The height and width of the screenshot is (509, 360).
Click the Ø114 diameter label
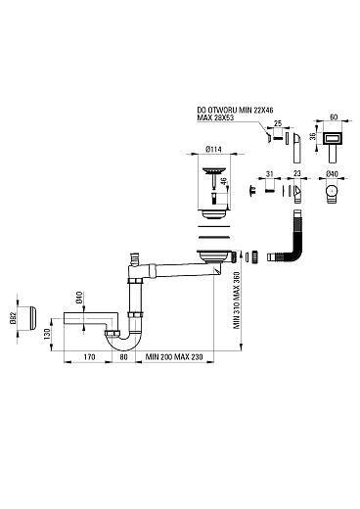(213, 149)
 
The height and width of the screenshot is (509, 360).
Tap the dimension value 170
(89, 357)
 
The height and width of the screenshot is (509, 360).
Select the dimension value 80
(123, 357)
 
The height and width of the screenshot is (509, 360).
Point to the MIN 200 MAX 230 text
(174, 357)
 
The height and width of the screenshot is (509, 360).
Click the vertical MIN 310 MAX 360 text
(237, 301)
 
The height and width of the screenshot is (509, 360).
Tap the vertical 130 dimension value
(47, 334)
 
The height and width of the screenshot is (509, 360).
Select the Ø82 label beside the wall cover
(13, 319)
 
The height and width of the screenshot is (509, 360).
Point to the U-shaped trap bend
(124, 343)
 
